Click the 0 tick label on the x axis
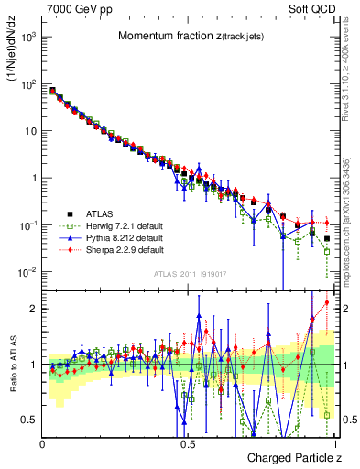(x=43, y=442)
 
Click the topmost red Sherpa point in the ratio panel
(x=327, y=302)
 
